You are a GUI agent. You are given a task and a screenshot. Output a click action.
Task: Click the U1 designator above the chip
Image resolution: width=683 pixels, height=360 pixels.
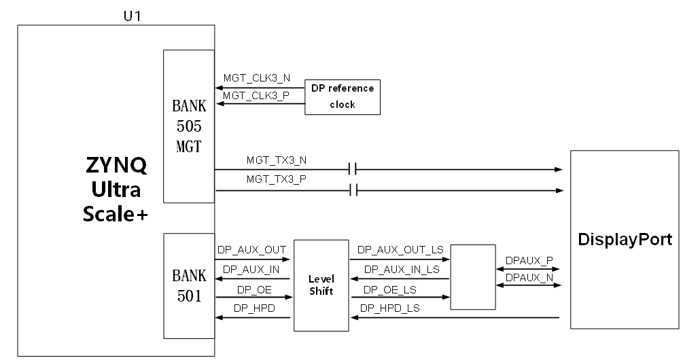point(132,16)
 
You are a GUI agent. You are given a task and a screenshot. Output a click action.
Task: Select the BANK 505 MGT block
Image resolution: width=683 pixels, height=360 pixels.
point(189,126)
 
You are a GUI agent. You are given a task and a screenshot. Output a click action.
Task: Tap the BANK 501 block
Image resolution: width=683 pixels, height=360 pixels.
point(189,286)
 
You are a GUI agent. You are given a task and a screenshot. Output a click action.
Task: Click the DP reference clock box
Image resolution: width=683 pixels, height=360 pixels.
point(343,97)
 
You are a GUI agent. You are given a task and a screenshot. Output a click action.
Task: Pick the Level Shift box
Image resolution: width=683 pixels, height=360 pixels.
point(321,285)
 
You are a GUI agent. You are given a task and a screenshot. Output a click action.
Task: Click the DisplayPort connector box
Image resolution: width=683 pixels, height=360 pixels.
point(625,239)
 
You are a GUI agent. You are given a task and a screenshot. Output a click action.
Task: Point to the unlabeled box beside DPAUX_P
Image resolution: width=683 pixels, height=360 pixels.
point(472,277)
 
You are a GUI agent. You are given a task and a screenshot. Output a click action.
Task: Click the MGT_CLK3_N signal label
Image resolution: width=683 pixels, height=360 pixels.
point(257,78)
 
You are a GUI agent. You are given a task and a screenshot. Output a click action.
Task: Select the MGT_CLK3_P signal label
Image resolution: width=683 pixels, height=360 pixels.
point(256,96)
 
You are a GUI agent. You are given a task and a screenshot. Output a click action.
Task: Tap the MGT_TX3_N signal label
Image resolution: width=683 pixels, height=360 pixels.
point(277,160)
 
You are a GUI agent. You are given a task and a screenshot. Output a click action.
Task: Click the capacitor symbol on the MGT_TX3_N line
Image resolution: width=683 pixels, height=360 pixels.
point(353,169)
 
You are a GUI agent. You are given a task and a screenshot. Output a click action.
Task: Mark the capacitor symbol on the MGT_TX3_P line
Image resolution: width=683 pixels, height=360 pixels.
point(353,190)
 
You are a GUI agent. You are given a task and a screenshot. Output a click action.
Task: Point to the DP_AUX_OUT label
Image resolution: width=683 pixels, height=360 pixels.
point(251,250)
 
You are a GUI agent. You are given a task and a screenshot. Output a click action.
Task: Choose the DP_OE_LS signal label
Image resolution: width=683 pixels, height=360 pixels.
point(390,290)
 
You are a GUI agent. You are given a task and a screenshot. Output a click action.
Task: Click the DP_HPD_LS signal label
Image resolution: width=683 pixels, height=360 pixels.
point(390,308)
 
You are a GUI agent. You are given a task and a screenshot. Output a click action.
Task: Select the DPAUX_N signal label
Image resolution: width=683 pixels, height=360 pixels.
point(529,277)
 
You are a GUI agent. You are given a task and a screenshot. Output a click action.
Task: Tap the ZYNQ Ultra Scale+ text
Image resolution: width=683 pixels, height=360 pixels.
point(116,190)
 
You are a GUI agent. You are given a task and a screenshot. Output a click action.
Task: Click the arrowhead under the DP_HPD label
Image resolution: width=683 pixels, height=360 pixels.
point(219,317)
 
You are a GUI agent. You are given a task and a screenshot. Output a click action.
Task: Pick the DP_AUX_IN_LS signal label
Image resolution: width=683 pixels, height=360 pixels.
point(402,270)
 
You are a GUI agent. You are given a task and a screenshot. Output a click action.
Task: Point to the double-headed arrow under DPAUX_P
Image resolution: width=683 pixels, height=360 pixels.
point(527,269)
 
